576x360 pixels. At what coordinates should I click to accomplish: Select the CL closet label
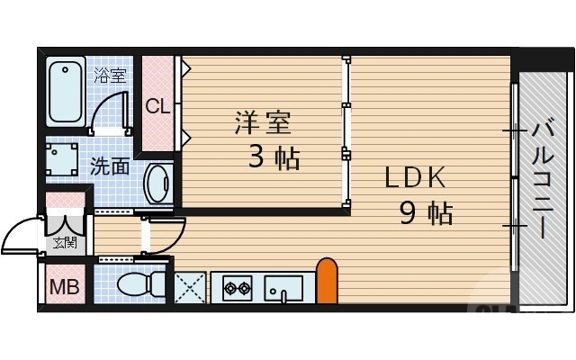(x=157, y=106)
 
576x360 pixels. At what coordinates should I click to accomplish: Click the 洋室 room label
(x=262, y=122)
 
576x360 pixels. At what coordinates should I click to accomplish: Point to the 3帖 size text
(x=274, y=158)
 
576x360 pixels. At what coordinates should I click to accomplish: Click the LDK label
(x=415, y=178)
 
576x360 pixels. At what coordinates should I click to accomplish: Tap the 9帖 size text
(x=426, y=214)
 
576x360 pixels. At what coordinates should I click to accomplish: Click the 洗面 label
(x=110, y=166)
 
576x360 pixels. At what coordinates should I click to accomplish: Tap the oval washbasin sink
(x=158, y=184)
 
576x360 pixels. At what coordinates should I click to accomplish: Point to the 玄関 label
(x=64, y=242)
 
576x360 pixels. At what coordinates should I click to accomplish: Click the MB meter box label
(x=63, y=288)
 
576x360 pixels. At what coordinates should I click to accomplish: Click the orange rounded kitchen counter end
(x=327, y=281)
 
